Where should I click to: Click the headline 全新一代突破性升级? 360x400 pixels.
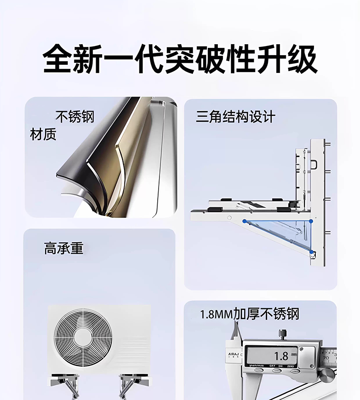click(x=180, y=59)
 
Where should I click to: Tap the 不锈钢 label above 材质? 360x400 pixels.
click(x=75, y=117)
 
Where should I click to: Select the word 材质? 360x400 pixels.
click(x=43, y=134)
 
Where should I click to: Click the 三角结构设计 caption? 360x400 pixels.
click(x=236, y=117)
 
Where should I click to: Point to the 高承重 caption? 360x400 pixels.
click(x=64, y=248)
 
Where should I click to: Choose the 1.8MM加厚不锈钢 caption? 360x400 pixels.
click(x=249, y=314)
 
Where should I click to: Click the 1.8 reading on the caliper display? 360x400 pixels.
click(x=281, y=356)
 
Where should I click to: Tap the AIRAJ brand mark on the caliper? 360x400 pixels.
click(x=233, y=354)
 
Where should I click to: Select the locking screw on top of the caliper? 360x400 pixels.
click(x=282, y=334)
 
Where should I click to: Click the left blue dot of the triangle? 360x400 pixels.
click(x=244, y=221)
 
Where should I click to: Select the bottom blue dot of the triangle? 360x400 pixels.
click(x=311, y=252)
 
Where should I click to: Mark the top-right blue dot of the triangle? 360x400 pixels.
click(x=311, y=221)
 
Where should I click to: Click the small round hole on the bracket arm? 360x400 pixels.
click(x=229, y=218)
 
